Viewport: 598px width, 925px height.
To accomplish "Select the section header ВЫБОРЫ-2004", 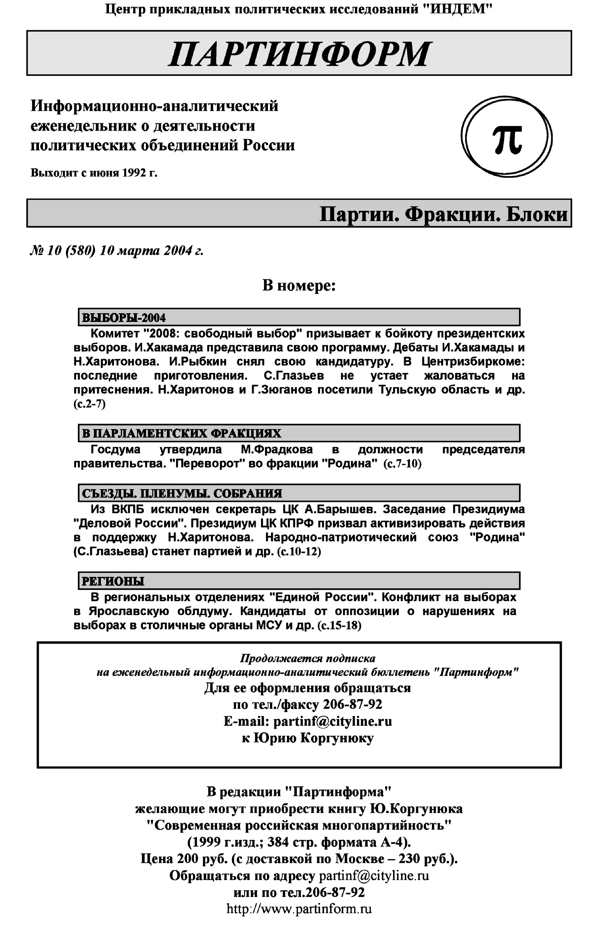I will click(x=124, y=318).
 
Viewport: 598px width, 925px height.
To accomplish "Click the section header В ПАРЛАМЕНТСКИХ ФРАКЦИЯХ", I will click(x=181, y=433).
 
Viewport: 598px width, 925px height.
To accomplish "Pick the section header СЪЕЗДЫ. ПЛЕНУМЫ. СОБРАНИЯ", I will click(x=182, y=493).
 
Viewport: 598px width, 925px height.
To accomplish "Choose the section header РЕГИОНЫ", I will click(x=113, y=581).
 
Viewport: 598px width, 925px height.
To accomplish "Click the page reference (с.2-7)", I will click(x=89, y=404).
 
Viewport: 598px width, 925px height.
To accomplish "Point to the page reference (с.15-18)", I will click(x=339, y=626).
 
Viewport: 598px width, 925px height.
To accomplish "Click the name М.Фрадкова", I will click(x=277, y=449).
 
